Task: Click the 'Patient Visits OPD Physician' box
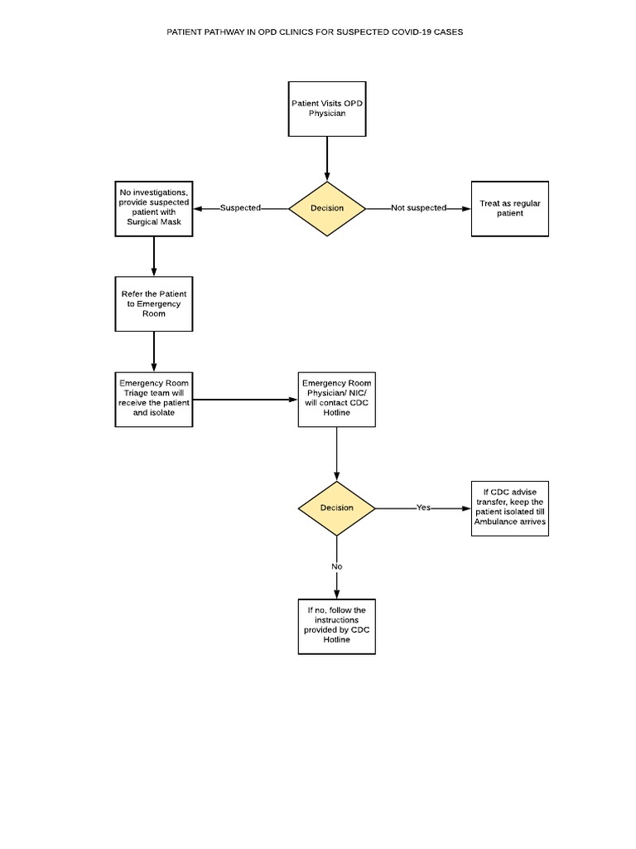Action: coord(326,109)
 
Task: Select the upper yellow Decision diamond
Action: coord(326,208)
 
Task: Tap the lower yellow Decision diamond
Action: coord(336,507)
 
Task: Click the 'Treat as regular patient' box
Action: coord(509,208)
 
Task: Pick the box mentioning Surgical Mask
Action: coord(153,208)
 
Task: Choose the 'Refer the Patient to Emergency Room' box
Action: coord(153,303)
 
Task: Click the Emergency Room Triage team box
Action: coord(153,399)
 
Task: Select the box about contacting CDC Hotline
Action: coord(336,399)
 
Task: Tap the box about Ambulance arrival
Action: coord(509,507)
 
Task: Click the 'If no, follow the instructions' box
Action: coord(336,626)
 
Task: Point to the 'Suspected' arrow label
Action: coord(240,208)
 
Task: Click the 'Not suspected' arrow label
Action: coord(418,208)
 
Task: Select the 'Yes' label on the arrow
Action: coord(423,507)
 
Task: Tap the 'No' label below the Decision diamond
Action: coord(336,566)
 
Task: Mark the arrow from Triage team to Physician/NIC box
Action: coord(245,400)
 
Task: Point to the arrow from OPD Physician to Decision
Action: coord(327,158)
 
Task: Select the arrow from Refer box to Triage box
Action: coord(154,352)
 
